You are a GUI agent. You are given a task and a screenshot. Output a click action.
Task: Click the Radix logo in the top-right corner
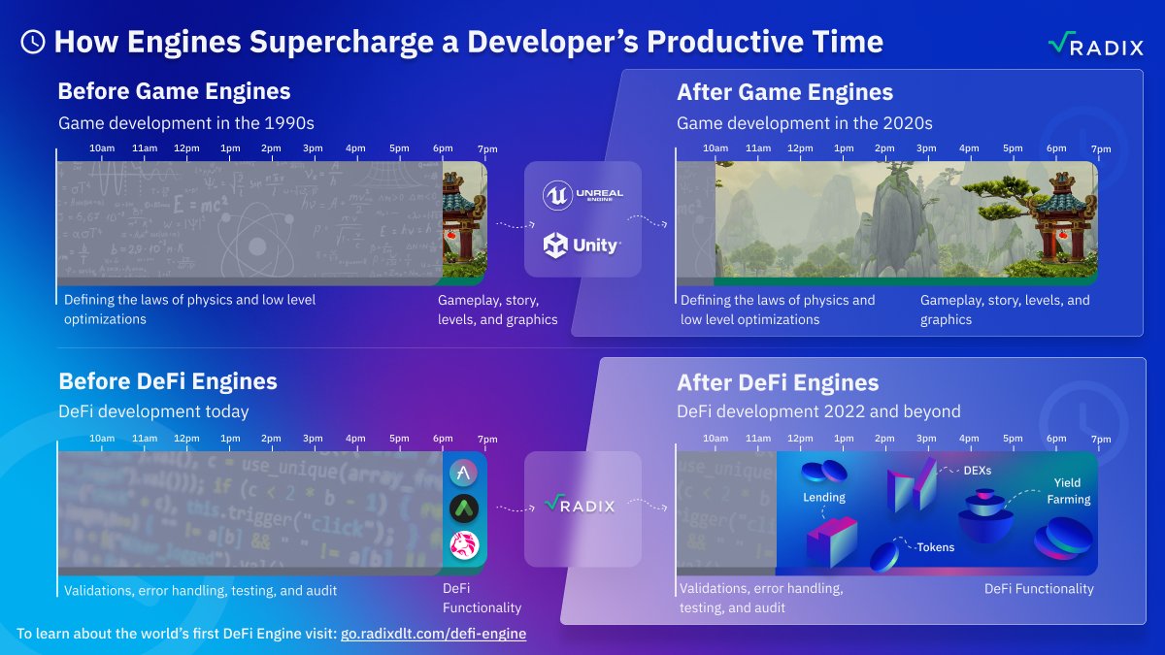[1095, 45]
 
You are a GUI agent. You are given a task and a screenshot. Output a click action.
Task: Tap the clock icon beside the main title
[32, 42]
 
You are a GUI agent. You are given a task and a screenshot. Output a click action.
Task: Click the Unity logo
[582, 246]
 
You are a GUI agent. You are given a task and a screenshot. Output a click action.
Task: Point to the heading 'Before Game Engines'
[174, 92]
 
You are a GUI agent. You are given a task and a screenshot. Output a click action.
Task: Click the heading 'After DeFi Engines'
[778, 382]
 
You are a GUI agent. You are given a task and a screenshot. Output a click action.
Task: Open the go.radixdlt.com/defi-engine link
[433, 634]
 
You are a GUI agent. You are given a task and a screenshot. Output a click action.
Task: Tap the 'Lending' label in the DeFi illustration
[823, 498]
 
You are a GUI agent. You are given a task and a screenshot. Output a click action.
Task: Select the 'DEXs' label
[977, 471]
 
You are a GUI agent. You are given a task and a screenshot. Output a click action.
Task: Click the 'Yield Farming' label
[1068, 491]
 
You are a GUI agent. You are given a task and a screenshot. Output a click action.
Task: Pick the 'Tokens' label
[935, 547]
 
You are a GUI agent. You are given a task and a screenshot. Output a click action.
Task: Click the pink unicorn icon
[464, 545]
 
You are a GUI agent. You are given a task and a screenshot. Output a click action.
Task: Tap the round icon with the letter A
[464, 473]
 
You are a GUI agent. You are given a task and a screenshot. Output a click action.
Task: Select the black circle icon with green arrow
[464, 508]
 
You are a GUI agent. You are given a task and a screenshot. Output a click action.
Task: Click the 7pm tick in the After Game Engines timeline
[1100, 149]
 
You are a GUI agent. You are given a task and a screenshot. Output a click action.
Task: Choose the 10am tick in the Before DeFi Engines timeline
[102, 439]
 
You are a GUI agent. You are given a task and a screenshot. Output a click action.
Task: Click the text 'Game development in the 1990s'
[185, 123]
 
